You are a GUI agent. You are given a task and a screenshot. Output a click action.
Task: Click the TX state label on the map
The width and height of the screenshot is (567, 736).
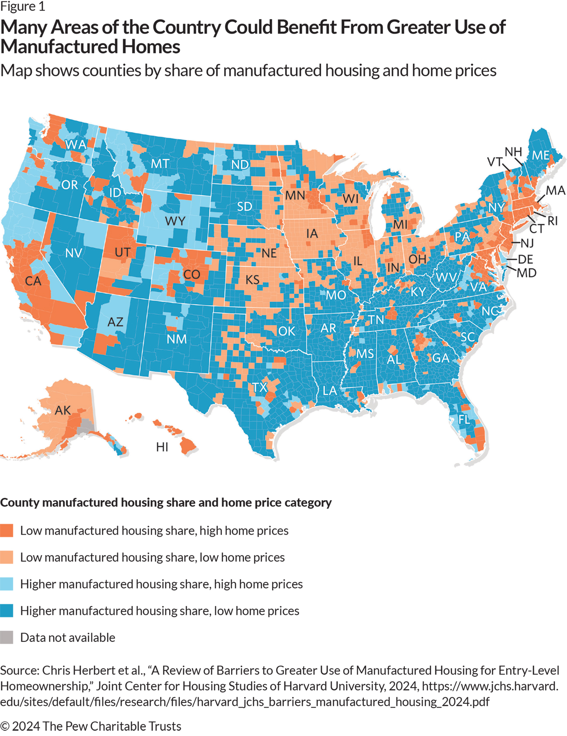pos(260,387)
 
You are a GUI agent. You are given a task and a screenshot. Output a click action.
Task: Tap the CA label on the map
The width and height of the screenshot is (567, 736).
pos(33,281)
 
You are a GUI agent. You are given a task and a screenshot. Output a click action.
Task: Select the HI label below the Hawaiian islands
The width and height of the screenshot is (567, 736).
pos(162,447)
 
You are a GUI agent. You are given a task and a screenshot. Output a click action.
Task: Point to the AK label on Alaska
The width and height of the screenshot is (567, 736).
pos(63,410)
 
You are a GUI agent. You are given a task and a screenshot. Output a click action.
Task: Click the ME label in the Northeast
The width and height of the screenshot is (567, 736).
pos(540,155)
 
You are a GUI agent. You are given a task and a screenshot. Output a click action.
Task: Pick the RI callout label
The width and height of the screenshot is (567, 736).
pos(553,221)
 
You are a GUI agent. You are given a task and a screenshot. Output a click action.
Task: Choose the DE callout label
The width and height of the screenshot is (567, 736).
pos(525,259)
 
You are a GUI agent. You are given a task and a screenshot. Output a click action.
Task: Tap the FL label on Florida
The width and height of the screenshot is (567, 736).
pos(464,419)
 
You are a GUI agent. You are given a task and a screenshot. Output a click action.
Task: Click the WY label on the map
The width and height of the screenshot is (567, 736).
pos(175,221)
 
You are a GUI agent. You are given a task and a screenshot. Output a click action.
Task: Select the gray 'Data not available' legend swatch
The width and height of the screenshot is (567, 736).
pos(7,637)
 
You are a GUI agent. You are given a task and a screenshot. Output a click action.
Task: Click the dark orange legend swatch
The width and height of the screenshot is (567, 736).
pos(7,531)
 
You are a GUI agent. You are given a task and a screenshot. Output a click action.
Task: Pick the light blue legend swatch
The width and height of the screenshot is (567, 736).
pos(7,584)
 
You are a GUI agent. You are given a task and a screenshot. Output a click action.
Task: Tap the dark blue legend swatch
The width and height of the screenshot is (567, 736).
pos(7,611)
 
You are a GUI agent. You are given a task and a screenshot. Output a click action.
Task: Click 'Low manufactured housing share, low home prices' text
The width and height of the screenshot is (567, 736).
pos(152,557)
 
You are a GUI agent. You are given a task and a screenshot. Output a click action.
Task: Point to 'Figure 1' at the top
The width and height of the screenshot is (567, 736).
pos(23,7)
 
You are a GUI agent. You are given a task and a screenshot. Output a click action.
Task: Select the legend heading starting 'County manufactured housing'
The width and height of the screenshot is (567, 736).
pos(166,502)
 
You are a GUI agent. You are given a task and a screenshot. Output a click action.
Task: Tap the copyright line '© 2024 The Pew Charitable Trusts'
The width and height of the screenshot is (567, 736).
pos(91,726)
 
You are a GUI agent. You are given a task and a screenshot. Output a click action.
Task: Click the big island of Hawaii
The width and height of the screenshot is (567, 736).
pos(188,446)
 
